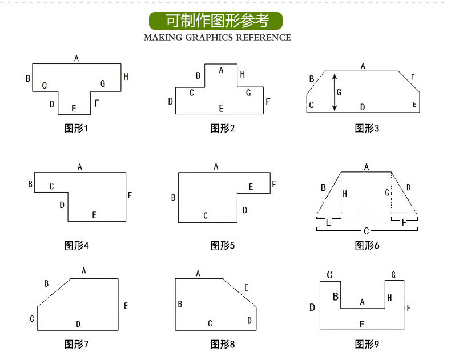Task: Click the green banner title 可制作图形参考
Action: tap(216, 21)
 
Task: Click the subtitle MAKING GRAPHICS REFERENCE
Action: tap(217, 38)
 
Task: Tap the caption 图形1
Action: tap(76, 128)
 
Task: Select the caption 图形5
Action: tap(223, 246)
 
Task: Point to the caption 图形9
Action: tap(367, 344)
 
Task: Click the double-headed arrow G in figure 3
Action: tap(335, 91)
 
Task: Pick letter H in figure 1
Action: tap(126, 77)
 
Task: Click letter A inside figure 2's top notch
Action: tap(221, 70)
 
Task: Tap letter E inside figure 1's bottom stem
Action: tap(74, 109)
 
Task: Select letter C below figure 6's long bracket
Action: tap(367, 231)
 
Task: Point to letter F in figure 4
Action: tap(130, 195)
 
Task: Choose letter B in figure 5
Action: tap(173, 198)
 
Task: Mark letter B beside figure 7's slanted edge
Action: tap(46, 283)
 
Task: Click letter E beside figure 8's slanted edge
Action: tap(246, 287)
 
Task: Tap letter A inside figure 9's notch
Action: tap(362, 302)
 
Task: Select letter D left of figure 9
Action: tap(312, 308)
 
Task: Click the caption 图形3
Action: tap(367, 128)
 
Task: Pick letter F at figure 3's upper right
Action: tap(413, 77)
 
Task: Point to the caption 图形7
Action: tap(76, 344)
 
